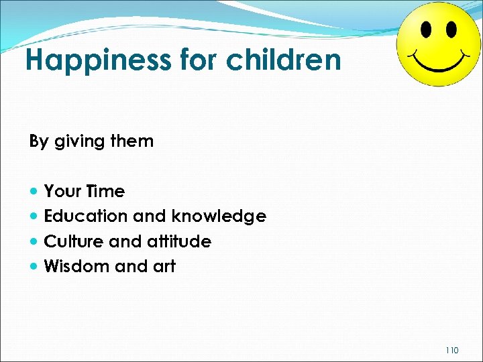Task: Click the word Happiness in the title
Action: click(x=98, y=61)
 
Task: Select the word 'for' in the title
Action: click(x=199, y=60)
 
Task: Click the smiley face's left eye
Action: click(x=426, y=29)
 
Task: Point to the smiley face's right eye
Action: click(x=451, y=30)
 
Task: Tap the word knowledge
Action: click(x=219, y=217)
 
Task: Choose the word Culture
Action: click(x=72, y=241)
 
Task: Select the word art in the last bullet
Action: click(x=163, y=267)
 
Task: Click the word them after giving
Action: click(x=133, y=141)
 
